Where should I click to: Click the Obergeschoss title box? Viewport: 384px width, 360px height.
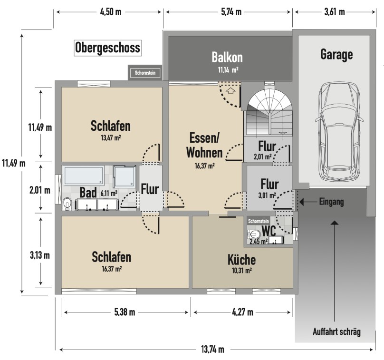[x=108, y=48]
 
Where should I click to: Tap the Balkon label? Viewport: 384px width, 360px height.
[x=227, y=58]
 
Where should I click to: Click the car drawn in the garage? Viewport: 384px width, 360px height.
[x=339, y=132]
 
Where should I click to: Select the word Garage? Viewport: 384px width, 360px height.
[x=336, y=55]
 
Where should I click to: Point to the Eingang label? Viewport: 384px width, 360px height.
[x=331, y=202]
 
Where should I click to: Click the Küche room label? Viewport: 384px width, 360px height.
[x=242, y=260]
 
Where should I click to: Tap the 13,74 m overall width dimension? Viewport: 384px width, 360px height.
[x=212, y=349]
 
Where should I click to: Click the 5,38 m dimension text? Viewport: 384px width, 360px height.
[x=125, y=312]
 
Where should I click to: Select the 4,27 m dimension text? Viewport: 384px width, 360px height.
[x=242, y=312]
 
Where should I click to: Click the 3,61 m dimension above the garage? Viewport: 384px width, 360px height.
[x=335, y=12]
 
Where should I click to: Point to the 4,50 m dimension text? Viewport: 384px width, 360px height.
[x=111, y=12]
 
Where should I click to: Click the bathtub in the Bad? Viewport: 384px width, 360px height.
[x=83, y=175]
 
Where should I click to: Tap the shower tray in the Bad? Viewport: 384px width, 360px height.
[x=125, y=176]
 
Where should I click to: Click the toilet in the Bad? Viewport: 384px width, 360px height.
[x=67, y=204]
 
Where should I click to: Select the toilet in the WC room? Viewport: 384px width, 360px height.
[x=254, y=234]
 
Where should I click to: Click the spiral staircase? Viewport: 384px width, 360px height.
[x=269, y=112]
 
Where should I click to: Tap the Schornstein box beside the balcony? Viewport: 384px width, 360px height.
[x=145, y=73]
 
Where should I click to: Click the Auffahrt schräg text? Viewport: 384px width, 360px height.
[x=337, y=332]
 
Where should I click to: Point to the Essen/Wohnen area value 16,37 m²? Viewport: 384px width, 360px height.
[x=205, y=166]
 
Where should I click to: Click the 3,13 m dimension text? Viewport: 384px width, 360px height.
[x=40, y=255]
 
